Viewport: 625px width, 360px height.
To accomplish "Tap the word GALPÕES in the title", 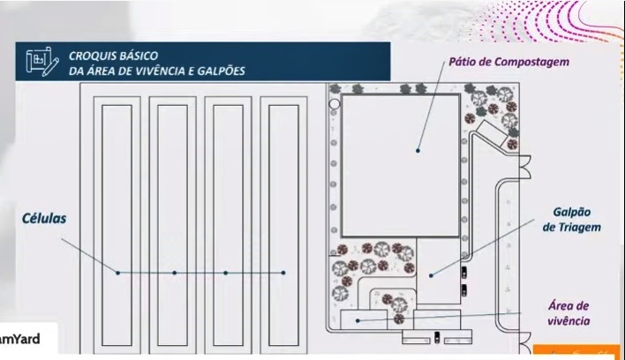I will pos(221,71).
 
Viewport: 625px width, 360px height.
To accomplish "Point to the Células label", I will pos(45,217).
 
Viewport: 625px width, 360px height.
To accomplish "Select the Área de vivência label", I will pos(569,313).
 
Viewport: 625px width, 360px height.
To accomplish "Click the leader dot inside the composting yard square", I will pos(418,150).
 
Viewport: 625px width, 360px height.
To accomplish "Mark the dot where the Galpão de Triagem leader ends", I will pos(433,275).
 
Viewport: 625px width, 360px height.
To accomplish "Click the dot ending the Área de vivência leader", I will pos(358,320).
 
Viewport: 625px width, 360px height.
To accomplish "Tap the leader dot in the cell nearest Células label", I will pos(117,273).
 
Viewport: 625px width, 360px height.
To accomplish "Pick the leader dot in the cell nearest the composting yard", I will pos(282,273).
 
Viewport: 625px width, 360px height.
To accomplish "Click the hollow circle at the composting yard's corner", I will pos(335,104).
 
